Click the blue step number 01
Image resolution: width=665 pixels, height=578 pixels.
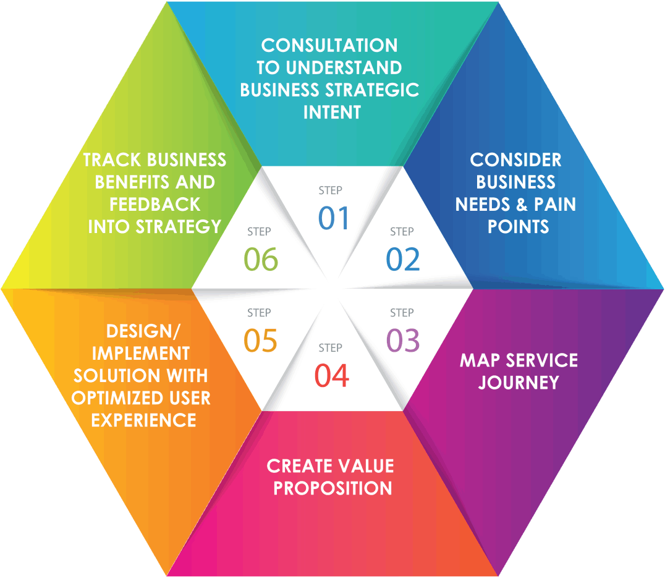(334, 218)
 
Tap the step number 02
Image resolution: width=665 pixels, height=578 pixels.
(403, 259)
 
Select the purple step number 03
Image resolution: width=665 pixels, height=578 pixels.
(403, 341)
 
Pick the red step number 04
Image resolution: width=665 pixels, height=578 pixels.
(332, 375)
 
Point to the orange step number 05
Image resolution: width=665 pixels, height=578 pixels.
(260, 341)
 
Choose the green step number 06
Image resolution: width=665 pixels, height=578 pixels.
(261, 259)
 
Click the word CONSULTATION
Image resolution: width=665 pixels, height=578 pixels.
(329, 45)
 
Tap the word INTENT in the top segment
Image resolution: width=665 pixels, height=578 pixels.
(332, 112)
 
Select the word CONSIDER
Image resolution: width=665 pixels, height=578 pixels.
(515, 159)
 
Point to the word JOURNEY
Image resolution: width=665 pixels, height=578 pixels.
(519, 383)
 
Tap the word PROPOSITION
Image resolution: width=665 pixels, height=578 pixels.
(332, 488)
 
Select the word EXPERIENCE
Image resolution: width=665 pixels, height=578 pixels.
(143, 420)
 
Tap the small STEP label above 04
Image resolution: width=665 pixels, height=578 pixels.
(331, 348)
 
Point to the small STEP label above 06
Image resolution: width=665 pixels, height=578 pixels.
(259, 232)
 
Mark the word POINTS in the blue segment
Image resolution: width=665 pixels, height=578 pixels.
(518, 226)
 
